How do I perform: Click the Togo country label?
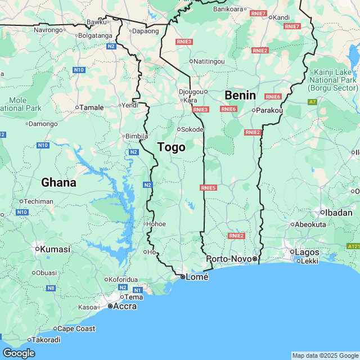pos(171,147)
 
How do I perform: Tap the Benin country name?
pos(240,95)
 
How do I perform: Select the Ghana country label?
pos(58,182)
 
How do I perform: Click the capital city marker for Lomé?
pos(183,277)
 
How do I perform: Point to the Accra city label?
pos(124,306)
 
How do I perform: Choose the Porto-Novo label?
pos(228,259)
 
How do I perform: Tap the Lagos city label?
pos(306,253)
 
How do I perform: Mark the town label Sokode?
pos(192,129)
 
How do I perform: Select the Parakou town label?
pos(269,110)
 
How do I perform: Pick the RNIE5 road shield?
pos(208,187)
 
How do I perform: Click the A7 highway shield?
pos(312,102)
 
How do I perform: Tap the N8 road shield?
pos(51,288)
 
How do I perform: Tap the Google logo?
pos(19,353)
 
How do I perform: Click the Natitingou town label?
pos(209,61)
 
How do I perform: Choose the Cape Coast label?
pos(77,328)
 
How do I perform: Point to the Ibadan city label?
pos(339,212)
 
